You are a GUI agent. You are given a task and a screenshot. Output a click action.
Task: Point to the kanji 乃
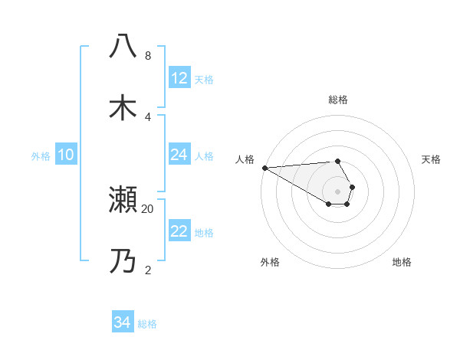[123, 262]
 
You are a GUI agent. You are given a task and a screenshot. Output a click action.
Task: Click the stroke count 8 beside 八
[147, 56]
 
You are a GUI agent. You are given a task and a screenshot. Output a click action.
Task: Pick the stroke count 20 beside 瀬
[148, 208]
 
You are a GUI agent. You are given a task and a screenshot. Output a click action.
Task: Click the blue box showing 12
[179, 78]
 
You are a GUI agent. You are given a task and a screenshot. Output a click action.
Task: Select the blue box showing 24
[179, 155]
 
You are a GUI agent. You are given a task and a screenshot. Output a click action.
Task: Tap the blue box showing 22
[179, 231]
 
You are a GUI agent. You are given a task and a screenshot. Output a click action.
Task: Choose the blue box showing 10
[66, 155]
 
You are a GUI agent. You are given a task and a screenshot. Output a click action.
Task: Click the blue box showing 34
[123, 322]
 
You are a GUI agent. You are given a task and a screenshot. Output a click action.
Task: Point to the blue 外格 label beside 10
[41, 155]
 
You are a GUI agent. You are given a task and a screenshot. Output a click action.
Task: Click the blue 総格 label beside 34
[147, 324]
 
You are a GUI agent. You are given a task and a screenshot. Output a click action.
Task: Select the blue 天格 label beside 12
[204, 79]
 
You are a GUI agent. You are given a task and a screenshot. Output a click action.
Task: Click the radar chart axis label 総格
[337, 100]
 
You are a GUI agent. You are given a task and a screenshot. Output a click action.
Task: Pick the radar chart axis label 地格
[402, 262]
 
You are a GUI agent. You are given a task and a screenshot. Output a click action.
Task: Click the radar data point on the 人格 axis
[264, 168]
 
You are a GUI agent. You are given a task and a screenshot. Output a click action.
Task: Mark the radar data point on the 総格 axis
[337, 161]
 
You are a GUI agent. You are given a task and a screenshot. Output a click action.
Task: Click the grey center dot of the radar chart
[337, 191]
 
